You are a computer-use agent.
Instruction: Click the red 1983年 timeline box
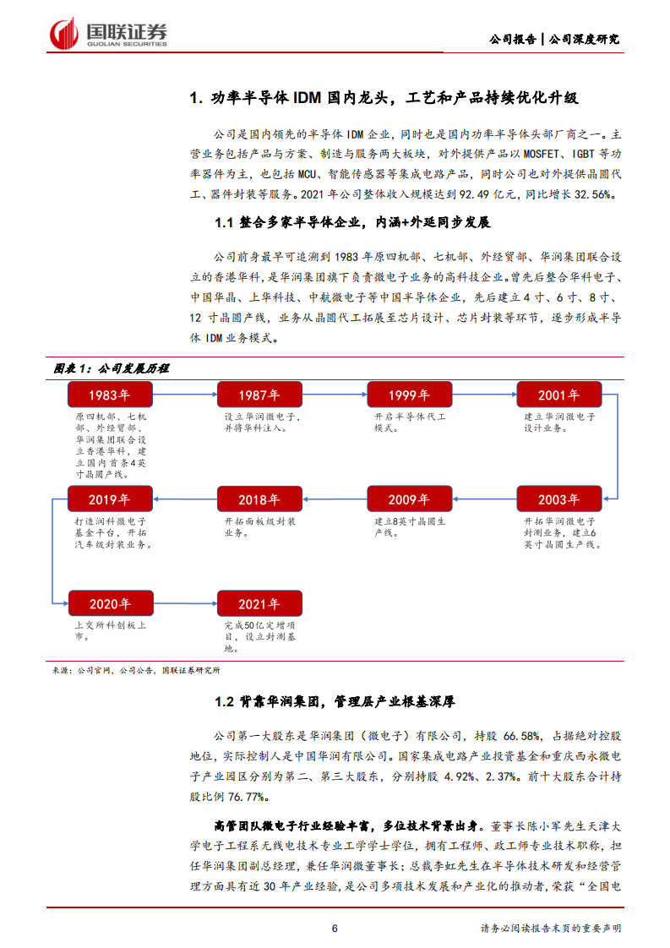tap(110, 395)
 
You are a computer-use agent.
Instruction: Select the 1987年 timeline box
tap(259, 395)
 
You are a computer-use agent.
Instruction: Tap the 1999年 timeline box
tap(409, 395)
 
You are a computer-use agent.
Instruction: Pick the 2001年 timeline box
tap(558, 395)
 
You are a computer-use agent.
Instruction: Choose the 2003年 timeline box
tap(558, 499)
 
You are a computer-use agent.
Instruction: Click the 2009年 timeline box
tap(409, 499)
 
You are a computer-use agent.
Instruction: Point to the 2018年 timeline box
tap(259, 499)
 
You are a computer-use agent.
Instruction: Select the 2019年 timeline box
tap(110, 499)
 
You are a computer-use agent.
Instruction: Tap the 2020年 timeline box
tap(110, 603)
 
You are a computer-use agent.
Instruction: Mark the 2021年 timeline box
tap(259, 603)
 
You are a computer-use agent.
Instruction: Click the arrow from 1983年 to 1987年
tap(184, 395)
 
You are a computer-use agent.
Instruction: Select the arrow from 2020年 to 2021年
tap(184, 603)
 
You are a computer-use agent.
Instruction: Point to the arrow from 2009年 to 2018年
tap(334, 499)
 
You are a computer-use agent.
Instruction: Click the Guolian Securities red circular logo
tap(63, 33)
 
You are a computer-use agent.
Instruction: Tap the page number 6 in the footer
tap(335, 928)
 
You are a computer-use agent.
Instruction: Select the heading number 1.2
tap(223, 701)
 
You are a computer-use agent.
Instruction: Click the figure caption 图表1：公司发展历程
tap(112, 368)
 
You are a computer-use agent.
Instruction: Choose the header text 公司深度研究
tap(585, 39)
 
